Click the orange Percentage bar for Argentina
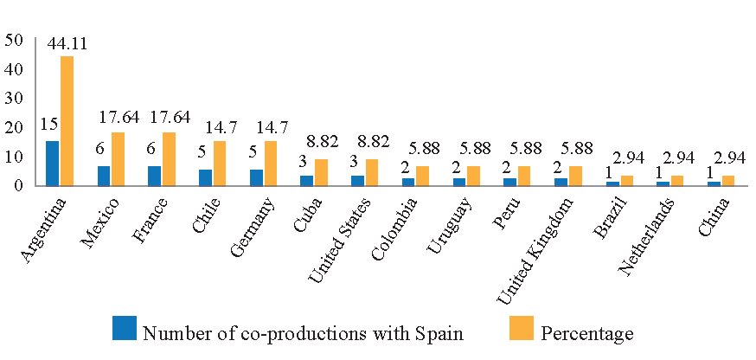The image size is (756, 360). [67, 120]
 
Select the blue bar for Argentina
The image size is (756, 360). [53, 163]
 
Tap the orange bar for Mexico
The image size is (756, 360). [118, 158]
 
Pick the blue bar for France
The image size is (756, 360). [155, 176]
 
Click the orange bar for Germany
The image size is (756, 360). [270, 163]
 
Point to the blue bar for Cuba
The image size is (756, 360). [307, 181]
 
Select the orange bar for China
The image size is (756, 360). [728, 181]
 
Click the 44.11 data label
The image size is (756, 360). [67, 44]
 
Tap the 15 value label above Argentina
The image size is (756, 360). [48, 124]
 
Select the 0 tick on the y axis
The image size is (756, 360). [18, 185]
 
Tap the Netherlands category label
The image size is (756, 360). [647, 236]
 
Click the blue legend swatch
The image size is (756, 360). [125, 328]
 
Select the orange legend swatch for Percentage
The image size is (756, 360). [522, 328]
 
